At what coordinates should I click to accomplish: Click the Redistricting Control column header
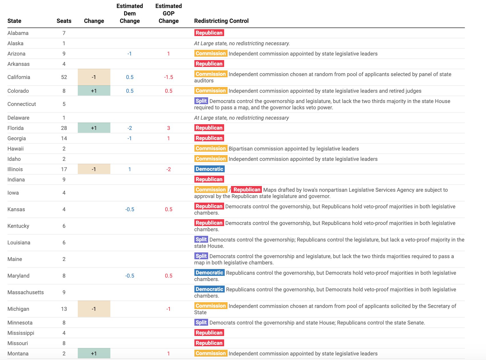[x=221, y=21]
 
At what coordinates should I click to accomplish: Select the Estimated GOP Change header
[x=168, y=13]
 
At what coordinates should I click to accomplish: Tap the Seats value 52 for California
[x=64, y=77]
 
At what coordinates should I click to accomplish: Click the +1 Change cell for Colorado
[x=94, y=91]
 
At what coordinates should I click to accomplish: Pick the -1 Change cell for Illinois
[x=94, y=169]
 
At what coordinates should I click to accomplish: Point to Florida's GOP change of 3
[x=168, y=128]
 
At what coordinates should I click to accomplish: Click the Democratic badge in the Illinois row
[x=209, y=169]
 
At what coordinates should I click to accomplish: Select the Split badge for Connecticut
[x=201, y=101]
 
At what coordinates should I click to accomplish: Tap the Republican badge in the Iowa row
[x=247, y=189]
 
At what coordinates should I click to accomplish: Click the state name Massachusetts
[x=25, y=292]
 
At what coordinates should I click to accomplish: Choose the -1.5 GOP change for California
[x=168, y=77]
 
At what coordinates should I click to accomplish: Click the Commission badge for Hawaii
[x=211, y=148]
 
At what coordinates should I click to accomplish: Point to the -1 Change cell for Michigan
[x=94, y=309]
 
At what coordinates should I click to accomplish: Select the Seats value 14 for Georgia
[x=64, y=138]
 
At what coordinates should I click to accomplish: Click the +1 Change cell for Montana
[x=94, y=353]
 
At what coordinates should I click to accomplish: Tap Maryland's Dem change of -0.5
[x=130, y=276]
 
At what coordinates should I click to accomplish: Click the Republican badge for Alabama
[x=209, y=33]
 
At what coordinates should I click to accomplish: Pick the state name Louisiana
[x=19, y=242]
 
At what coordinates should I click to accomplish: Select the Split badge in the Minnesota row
[x=201, y=322]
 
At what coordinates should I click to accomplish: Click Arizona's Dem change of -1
[x=130, y=54]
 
